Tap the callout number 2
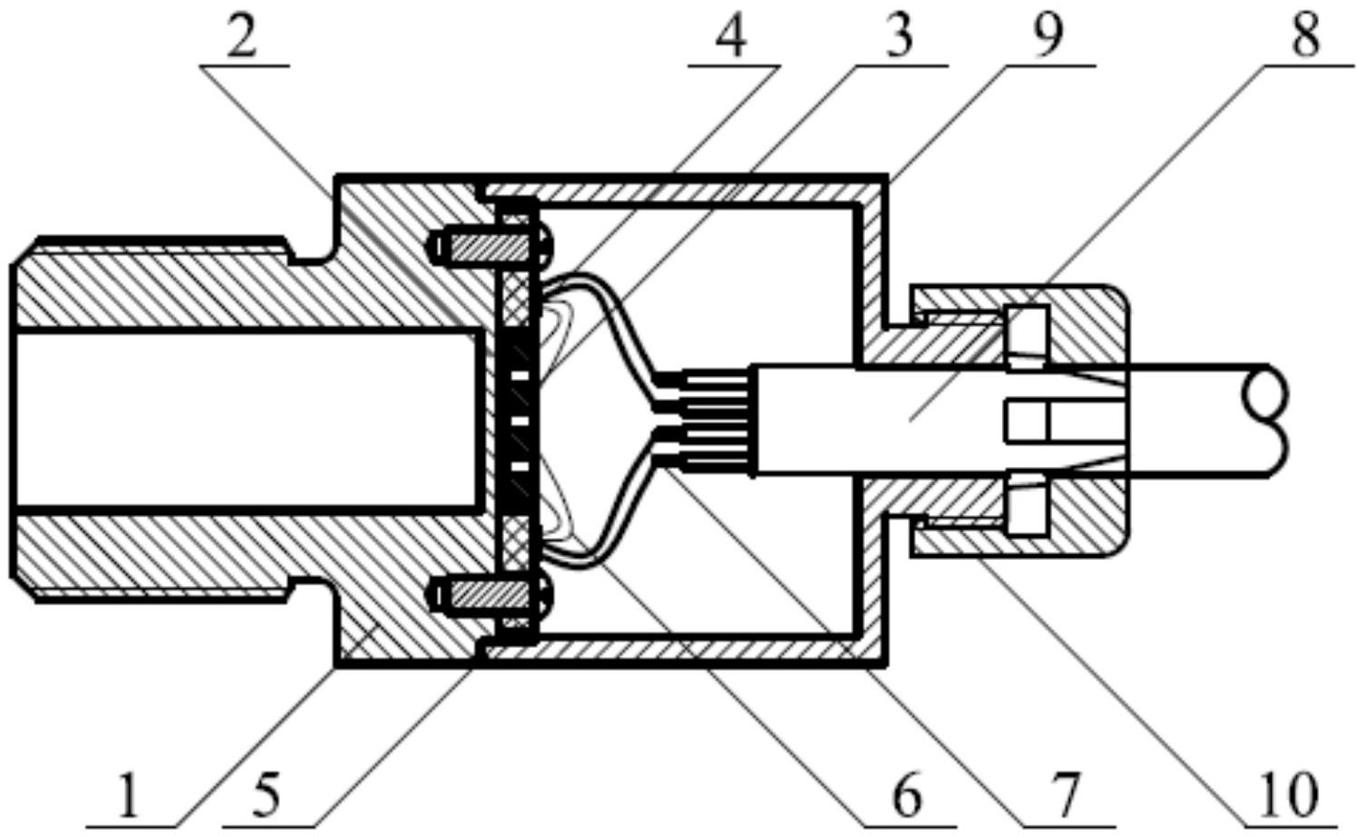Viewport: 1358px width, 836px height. click(240, 40)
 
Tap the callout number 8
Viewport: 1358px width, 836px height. click(1304, 38)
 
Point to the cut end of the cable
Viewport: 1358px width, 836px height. click(1267, 419)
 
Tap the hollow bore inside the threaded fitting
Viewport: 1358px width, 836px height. click(245, 419)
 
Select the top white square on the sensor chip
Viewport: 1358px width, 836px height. click(520, 374)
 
